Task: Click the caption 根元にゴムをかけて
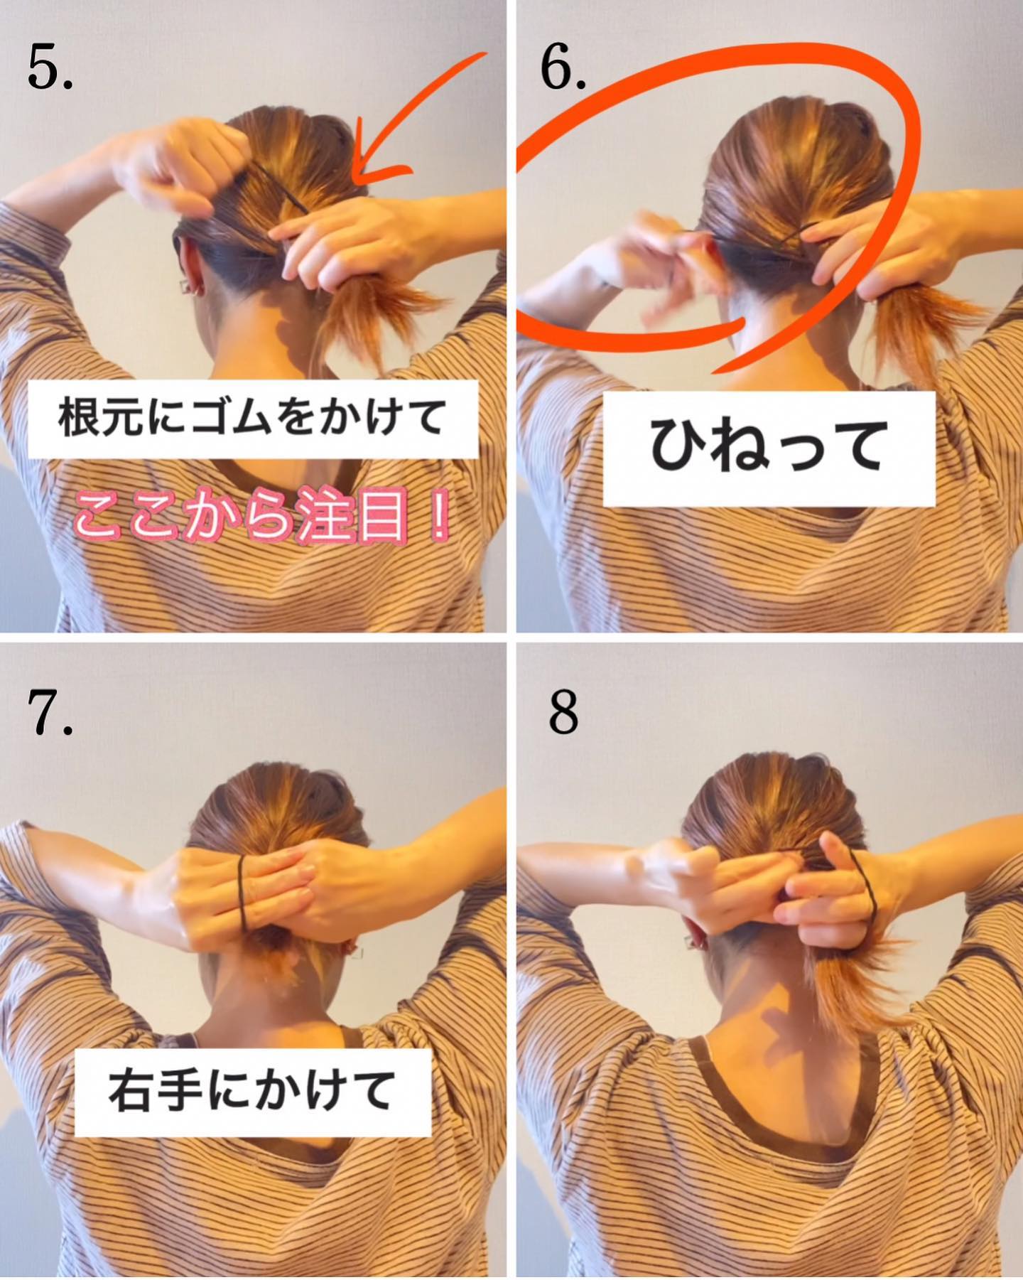pos(252,417)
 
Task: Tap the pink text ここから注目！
pos(261,514)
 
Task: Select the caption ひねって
pos(768,446)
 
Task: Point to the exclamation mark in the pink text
pos(438,513)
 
